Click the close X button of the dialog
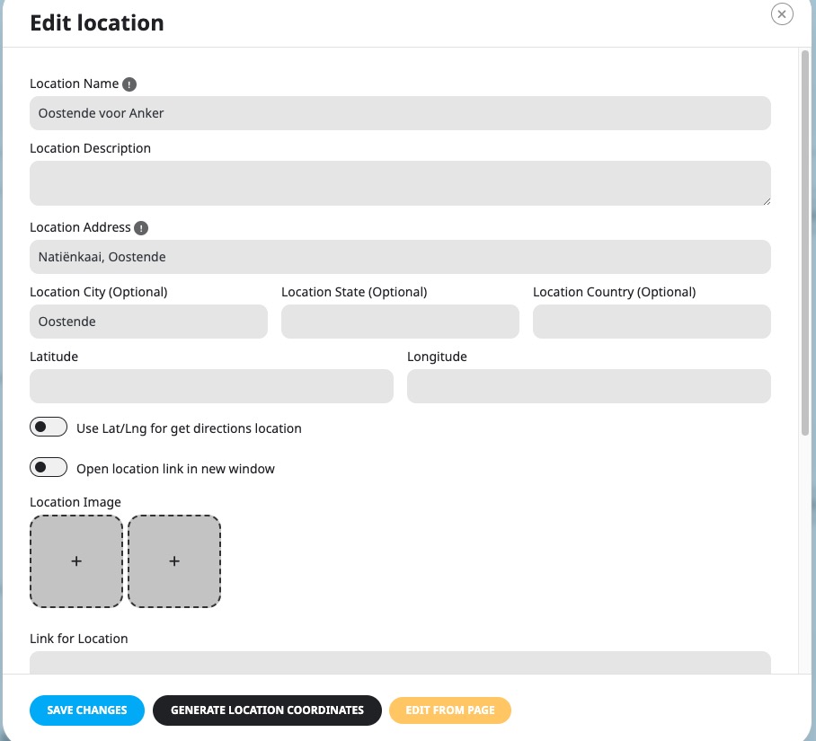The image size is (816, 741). click(782, 14)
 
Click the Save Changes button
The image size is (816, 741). click(87, 710)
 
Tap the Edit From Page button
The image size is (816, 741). click(450, 710)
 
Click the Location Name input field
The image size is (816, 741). click(400, 113)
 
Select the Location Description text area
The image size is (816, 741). click(400, 183)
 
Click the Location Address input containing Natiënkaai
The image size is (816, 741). click(400, 257)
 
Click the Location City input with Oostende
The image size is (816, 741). click(148, 322)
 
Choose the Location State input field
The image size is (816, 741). click(400, 322)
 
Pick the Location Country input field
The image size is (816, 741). click(652, 322)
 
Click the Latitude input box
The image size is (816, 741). click(211, 386)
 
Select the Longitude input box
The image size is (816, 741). click(589, 386)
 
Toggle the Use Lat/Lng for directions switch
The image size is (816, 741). click(49, 427)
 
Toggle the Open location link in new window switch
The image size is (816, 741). click(49, 467)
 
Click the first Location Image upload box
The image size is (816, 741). click(76, 561)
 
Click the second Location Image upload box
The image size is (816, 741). click(174, 561)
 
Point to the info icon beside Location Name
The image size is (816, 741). click(129, 84)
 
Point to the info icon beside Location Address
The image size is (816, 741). click(141, 228)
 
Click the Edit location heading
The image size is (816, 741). click(97, 22)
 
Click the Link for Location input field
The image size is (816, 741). click(400, 663)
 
